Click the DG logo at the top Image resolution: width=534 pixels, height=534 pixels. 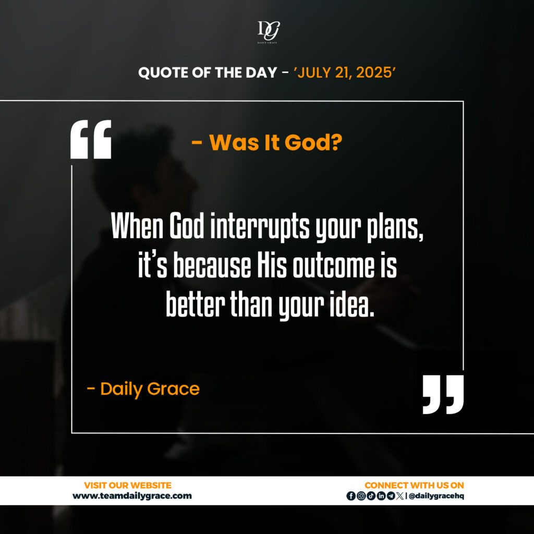[x=269, y=32]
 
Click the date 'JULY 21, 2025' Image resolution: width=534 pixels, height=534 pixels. [x=345, y=72]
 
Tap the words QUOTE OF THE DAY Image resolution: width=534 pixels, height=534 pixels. [x=208, y=72]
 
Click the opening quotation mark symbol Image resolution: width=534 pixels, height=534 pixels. [x=91, y=139]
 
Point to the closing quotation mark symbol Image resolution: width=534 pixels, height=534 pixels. [x=443, y=394]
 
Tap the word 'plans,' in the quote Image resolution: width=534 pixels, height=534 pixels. [x=395, y=227]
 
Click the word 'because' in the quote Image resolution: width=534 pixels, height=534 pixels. [x=212, y=266]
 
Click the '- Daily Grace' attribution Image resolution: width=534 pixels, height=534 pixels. [x=143, y=389]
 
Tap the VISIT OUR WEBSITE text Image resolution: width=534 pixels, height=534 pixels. [x=128, y=486]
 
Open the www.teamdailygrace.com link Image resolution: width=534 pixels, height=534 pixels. [x=132, y=496]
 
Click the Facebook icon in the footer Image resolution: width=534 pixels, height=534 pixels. [x=351, y=496]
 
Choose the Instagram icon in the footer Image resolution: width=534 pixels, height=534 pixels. [x=361, y=496]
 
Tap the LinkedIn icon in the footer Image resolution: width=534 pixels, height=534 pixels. [x=381, y=496]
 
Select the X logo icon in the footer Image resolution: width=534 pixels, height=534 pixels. [x=400, y=496]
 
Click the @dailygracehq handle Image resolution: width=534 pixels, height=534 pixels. [x=436, y=496]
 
